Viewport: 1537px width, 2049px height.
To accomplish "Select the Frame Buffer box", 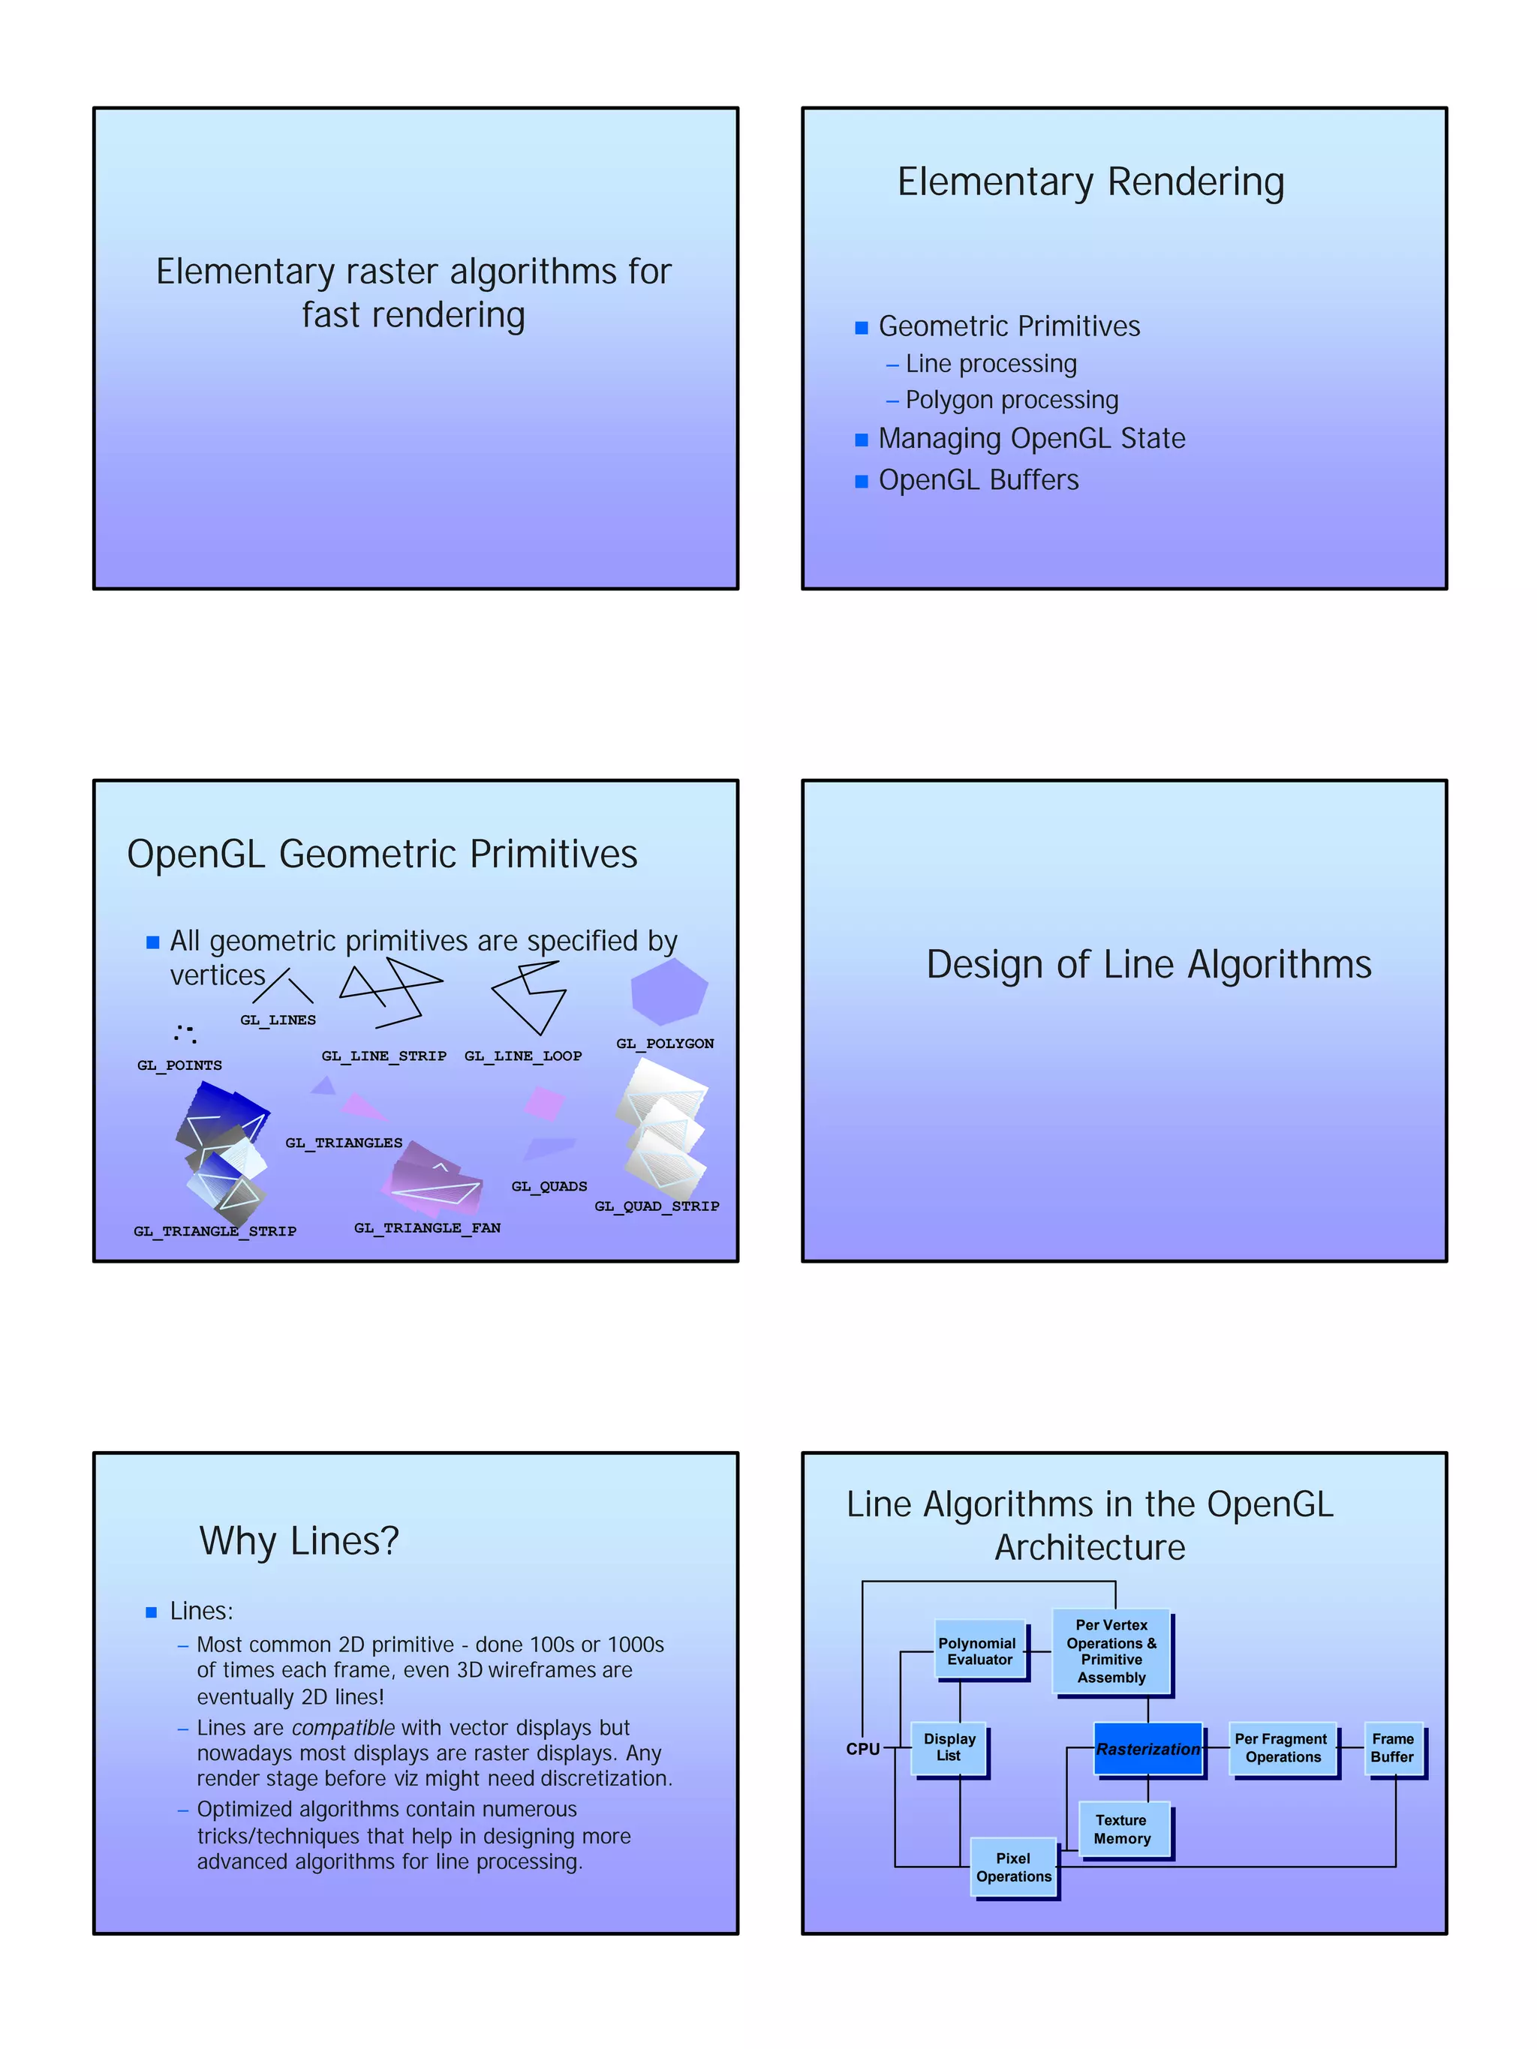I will pyautogui.click(x=1392, y=1748).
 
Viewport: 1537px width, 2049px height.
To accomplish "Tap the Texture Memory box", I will pyautogui.click(x=1123, y=1829).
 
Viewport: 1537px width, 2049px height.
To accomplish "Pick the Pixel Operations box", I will pyautogui.click(x=1014, y=1867).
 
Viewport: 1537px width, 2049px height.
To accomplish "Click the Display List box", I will pyautogui.click(x=949, y=1748).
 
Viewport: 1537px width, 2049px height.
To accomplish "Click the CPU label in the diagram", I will pyautogui.click(x=862, y=1749).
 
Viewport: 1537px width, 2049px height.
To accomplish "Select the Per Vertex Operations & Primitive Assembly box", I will pyautogui.click(x=1111, y=1651).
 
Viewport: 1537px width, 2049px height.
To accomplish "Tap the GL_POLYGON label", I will pyautogui.click(x=665, y=1044).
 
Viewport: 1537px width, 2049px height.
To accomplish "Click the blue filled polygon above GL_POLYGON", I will pyautogui.click(x=669, y=991).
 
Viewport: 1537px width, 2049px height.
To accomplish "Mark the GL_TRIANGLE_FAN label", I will pyautogui.click(x=427, y=1228).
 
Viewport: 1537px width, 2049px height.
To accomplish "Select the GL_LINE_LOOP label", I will pyautogui.click(x=523, y=1056).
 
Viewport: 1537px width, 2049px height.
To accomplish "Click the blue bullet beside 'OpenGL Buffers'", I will pyautogui.click(x=862, y=482).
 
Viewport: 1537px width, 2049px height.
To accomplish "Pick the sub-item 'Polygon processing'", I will pyautogui.click(x=1012, y=400).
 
